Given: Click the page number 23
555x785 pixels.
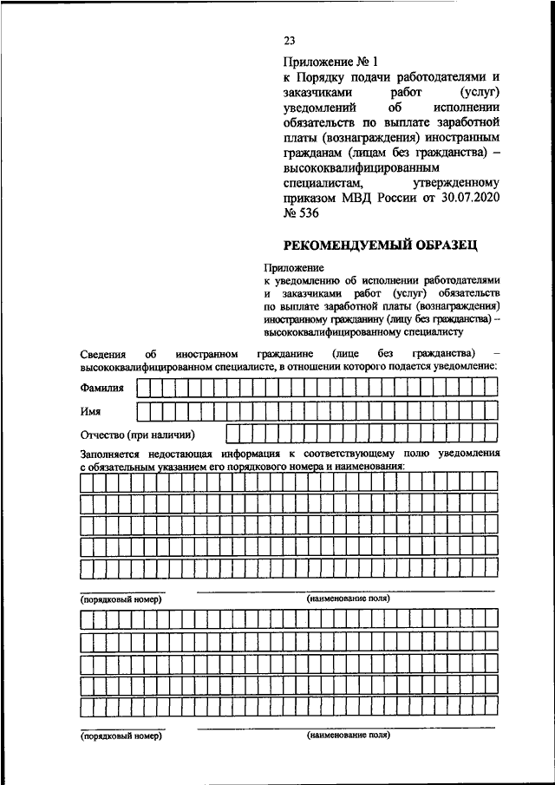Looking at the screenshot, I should pos(290,41).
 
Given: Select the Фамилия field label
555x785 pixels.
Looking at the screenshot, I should pos(101,389).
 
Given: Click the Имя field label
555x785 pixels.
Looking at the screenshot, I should pos(92,410).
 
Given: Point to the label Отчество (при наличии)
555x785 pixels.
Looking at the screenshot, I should pos(137,434).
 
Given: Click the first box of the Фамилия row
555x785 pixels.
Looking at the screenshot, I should pos(143,389).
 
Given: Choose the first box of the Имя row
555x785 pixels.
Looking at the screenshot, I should pos(143,410).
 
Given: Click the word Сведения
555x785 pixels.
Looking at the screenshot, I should pos(102,354).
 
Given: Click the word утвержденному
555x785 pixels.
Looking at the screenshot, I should pos(457,184).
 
